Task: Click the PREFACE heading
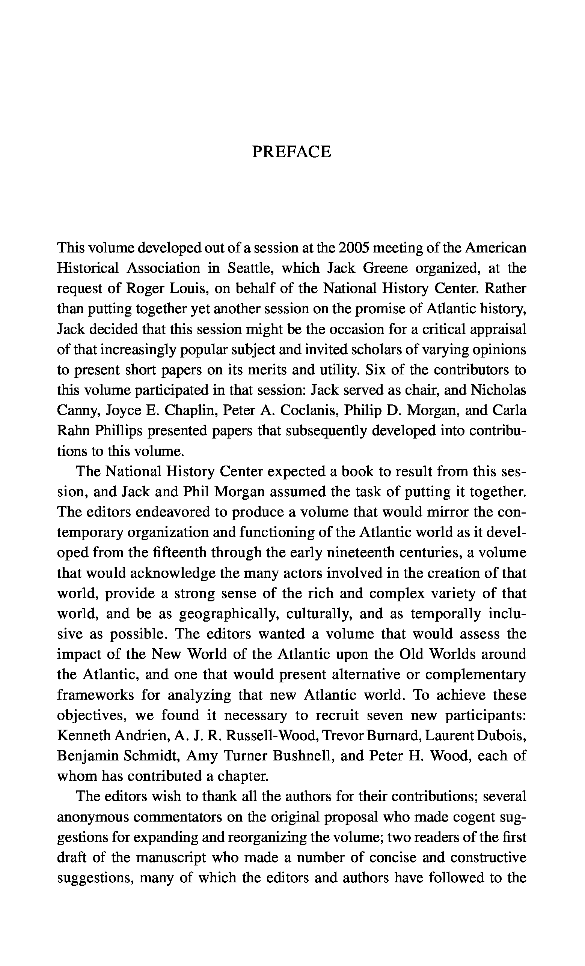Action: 291,152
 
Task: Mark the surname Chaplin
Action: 190,410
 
